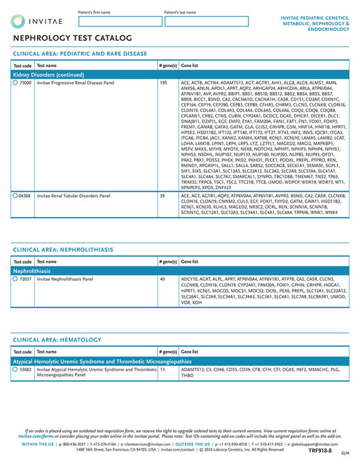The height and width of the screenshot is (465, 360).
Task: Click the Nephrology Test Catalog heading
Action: (x=72, y=38)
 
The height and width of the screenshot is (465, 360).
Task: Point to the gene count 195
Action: (x=163, y=83)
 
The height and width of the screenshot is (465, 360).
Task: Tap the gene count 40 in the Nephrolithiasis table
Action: (x=162, y=279)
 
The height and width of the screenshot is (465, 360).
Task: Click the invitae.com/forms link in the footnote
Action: (x=36, y=436)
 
